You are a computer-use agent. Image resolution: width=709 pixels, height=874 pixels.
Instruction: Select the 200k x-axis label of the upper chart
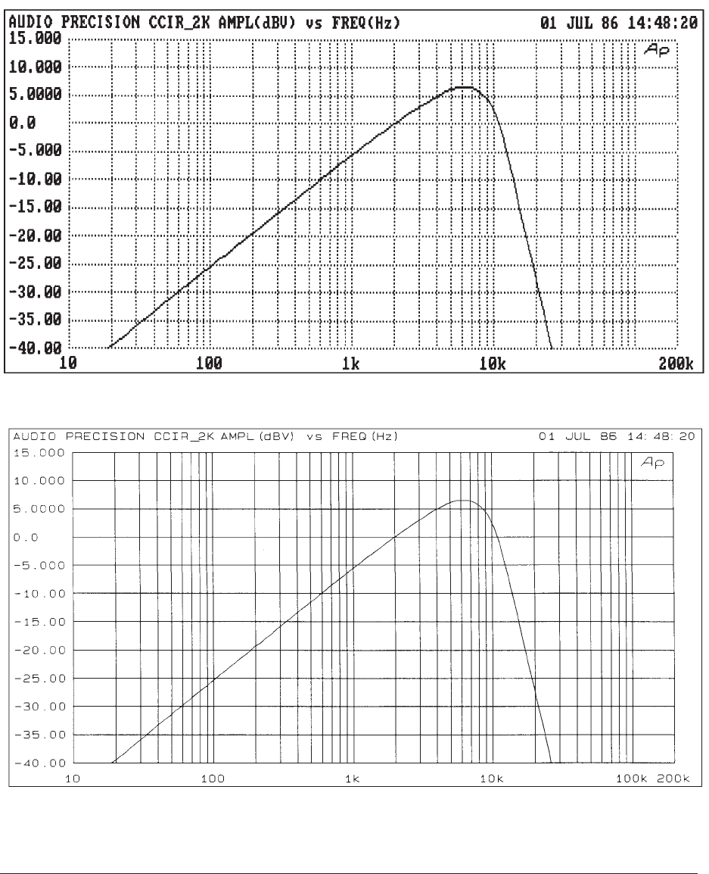pyautogui.click(x=680, y=364)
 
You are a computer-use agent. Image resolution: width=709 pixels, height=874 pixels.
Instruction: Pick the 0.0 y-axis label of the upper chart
pyautogui.click(x=17, y=122)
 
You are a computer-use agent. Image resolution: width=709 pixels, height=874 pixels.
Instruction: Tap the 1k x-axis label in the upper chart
pyautogui.click(x=350, y=364)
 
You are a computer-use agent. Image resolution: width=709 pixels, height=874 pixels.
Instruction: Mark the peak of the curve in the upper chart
pyautogui.click(x=467, y=87)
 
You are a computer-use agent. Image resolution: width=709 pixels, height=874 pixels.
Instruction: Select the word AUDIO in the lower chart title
pyautogui.click(x=32, y=437)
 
